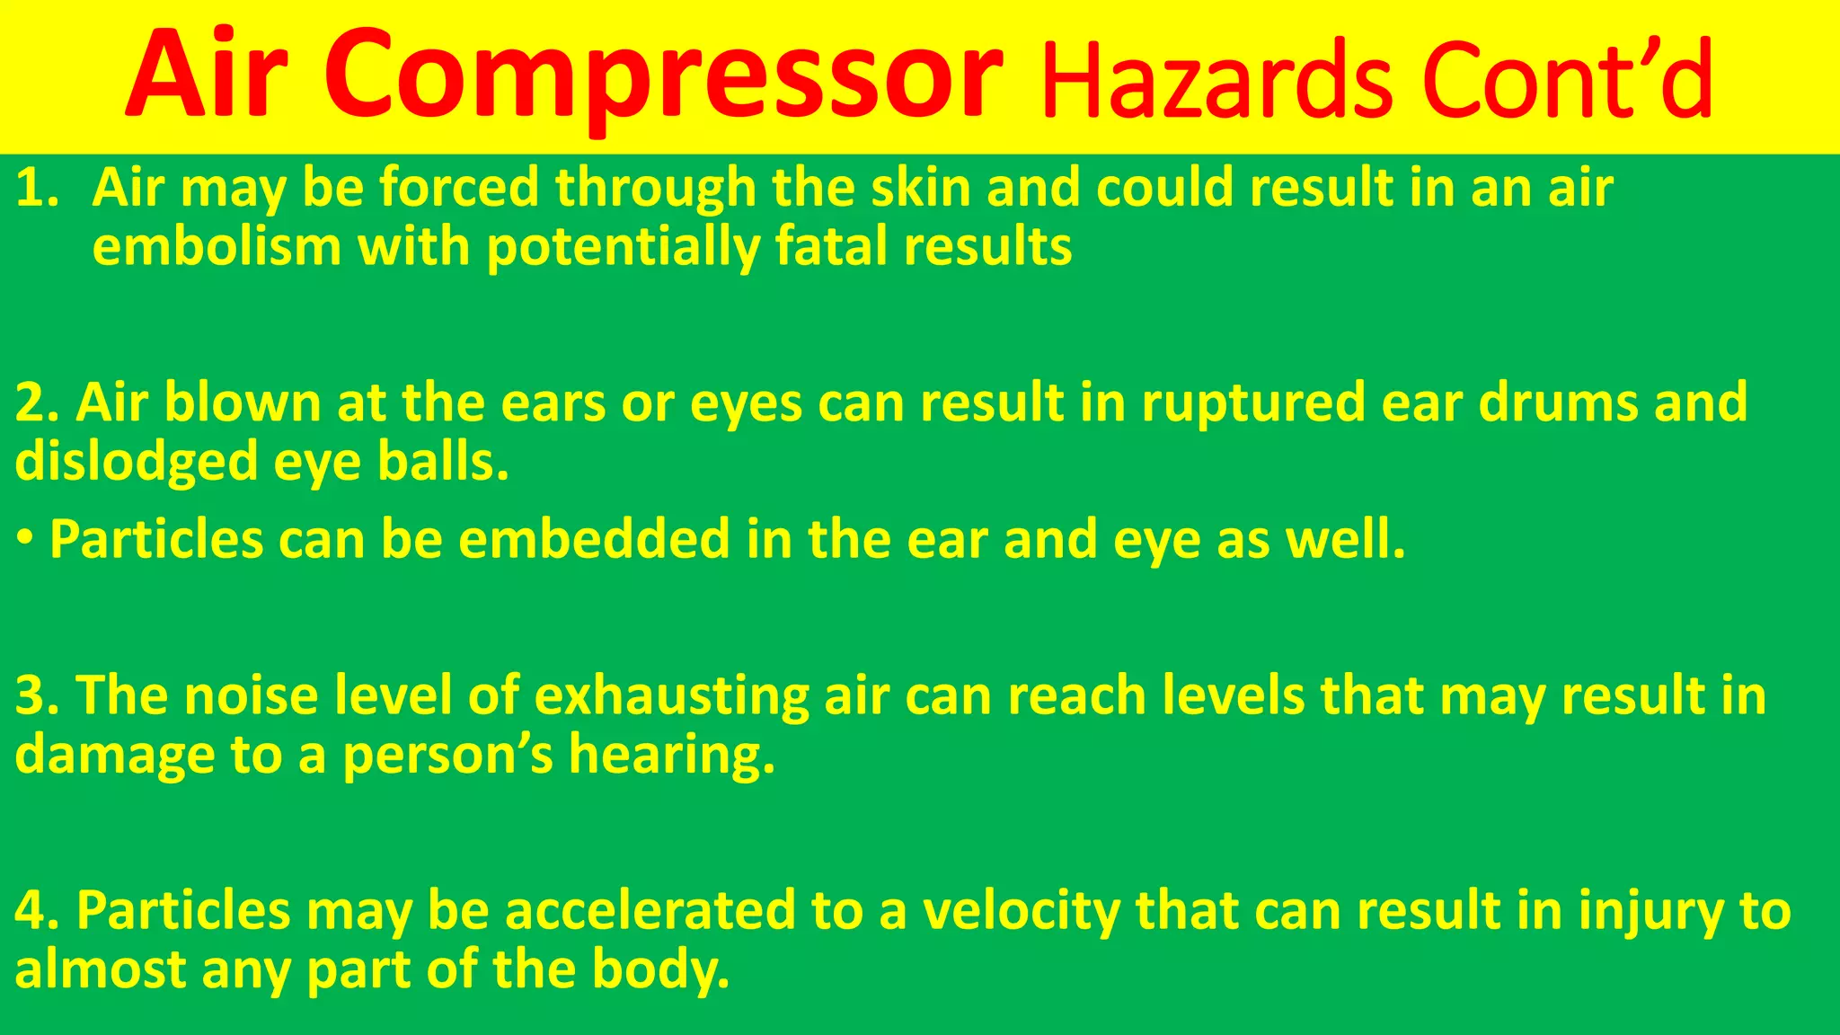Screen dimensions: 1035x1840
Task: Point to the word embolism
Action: [217, 246]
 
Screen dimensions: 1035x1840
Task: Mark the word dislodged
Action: [136, 462]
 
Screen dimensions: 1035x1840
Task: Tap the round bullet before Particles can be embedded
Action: [25, 539]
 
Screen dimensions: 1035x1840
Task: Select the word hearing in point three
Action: [670, 755]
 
